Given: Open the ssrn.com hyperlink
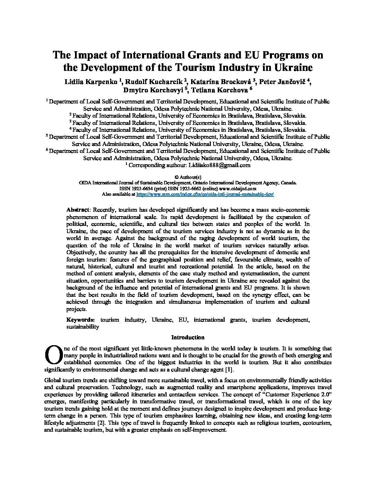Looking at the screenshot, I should click(x=205, y=194).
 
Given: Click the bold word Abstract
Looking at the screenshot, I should click(x=78, y=210).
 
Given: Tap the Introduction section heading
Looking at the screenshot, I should click(x=188, y=337).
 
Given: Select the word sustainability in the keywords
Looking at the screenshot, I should click(x=83, y=327).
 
